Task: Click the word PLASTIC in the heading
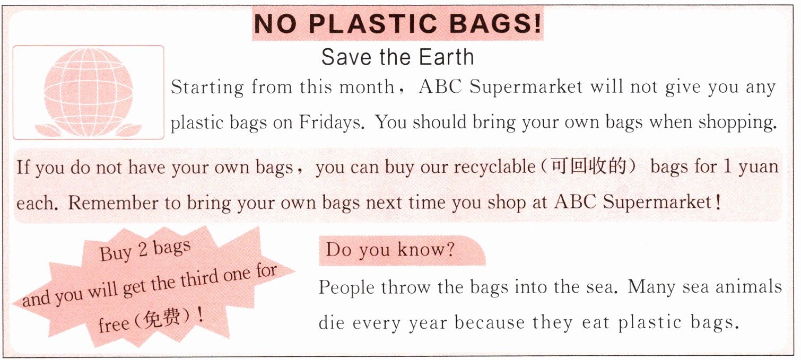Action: [372, 24]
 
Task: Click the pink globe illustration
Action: [88, 92]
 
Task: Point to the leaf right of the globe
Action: [129, 129]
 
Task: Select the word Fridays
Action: [332, 122]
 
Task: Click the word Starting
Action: [207, 87]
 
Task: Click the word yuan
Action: [758, 168]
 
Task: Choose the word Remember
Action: [113, 203]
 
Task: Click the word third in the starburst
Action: [199, 279]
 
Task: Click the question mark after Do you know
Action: [450, 249]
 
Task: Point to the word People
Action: [346, 287]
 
